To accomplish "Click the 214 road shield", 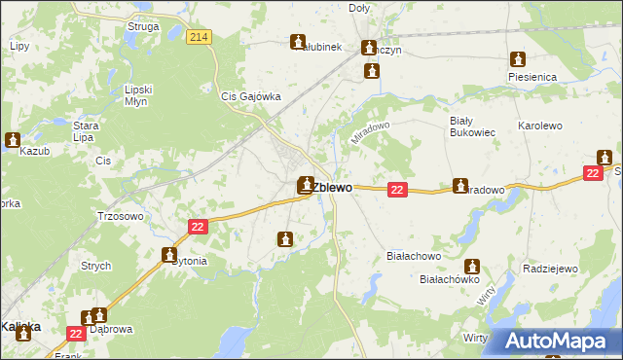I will point(200,37).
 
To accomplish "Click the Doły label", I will point(360,8).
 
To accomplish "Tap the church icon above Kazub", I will point(13,140).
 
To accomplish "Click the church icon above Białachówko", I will point(472,266).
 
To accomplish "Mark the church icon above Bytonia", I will point(168,255).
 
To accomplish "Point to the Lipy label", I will point(18,46).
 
